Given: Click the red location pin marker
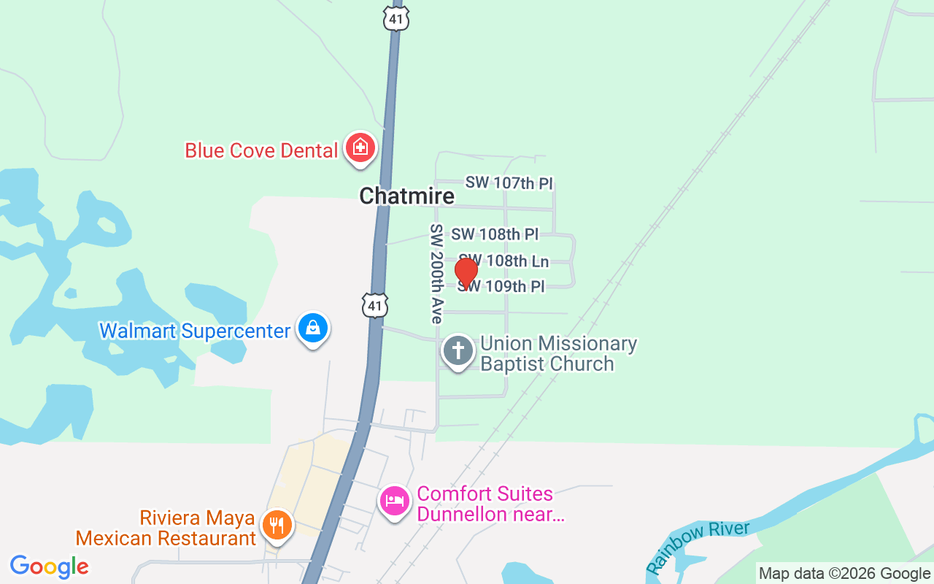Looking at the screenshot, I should (x=466, y=273).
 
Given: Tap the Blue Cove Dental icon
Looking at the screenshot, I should (x=360, y=148).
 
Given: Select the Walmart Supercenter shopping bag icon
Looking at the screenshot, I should (x=313, y=328).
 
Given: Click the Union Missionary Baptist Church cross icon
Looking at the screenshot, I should (x=458, y=351).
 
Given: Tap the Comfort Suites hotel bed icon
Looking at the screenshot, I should (x=395, y=502).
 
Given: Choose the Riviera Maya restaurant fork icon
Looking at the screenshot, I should (x=277, y=525).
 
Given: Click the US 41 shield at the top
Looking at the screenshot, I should (x=395, y=19).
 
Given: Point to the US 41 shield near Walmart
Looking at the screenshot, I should (x=375, y=305).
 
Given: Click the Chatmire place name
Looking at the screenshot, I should (x=406, y=196).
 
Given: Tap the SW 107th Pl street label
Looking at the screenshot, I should (x=509, y=182).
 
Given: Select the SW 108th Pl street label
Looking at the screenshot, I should (x=495, y=234).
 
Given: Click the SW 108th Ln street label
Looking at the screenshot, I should (x=503, y=261).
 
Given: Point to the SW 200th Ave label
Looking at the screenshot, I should (x=436, y=274).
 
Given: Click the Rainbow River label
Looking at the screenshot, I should (x=698, y=547).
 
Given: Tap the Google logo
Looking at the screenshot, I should (x=49, y=566).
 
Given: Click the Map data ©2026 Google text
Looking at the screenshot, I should (x=844, y=574).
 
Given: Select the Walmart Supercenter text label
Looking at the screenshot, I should (x=195, y=331).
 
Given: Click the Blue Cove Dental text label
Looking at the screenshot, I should (x=261, y=150).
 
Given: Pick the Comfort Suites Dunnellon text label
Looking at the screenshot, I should (x=490, y=504).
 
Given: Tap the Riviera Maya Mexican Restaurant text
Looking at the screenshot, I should (x=166, y=529).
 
